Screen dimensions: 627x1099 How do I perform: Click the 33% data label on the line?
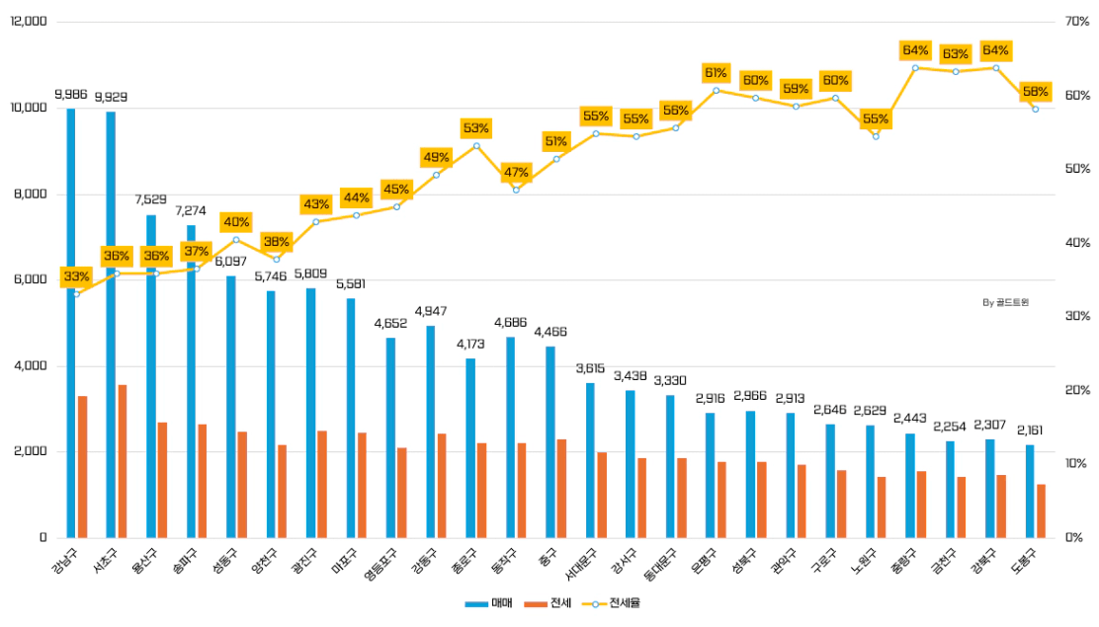point(76,276)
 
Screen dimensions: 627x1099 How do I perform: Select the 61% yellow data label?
point(716,73)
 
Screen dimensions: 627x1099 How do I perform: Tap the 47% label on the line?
point(516,172)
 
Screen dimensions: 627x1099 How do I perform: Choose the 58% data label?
point(1036,92)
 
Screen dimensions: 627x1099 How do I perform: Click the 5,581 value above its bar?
point(351,284)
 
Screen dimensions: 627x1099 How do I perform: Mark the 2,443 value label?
point(910,419)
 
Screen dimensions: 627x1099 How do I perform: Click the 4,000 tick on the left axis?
point(33,366)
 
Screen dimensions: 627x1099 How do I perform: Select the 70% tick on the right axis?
point(1076,22)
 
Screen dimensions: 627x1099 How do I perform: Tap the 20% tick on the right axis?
point(1076,390)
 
